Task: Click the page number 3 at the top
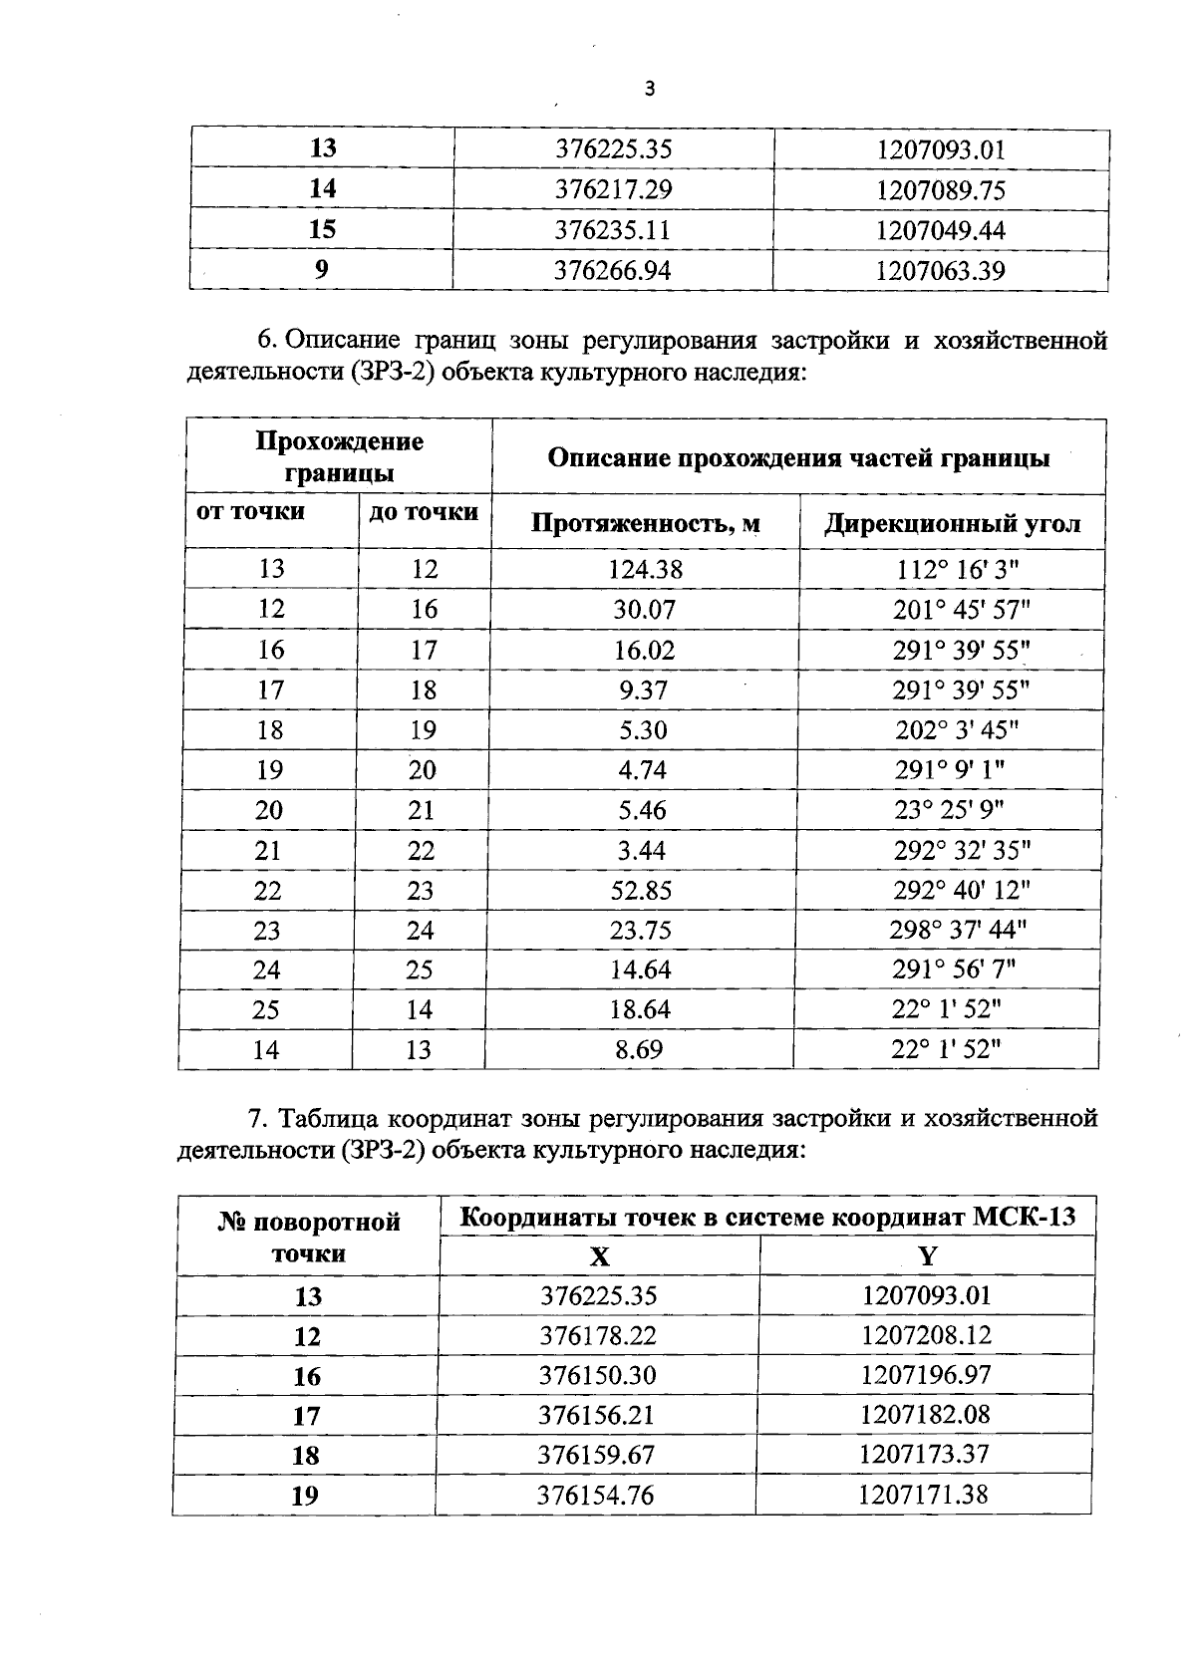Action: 650,90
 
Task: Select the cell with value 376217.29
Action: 613,189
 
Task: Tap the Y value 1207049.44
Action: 941,230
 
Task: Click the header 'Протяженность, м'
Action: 645,523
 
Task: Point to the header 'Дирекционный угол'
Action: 952,523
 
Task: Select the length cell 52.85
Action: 641,890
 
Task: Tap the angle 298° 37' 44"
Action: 957,930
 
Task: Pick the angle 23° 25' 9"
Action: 949,810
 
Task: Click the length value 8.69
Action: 639,1049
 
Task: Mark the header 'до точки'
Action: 424,512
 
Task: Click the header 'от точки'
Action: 251,512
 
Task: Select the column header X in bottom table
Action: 599,1255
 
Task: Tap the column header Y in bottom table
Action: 927,1255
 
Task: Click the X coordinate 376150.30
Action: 598,1375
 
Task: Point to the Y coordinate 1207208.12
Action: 926,1335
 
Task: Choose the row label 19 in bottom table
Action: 305,1496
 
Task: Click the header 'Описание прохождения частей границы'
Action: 798,458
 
